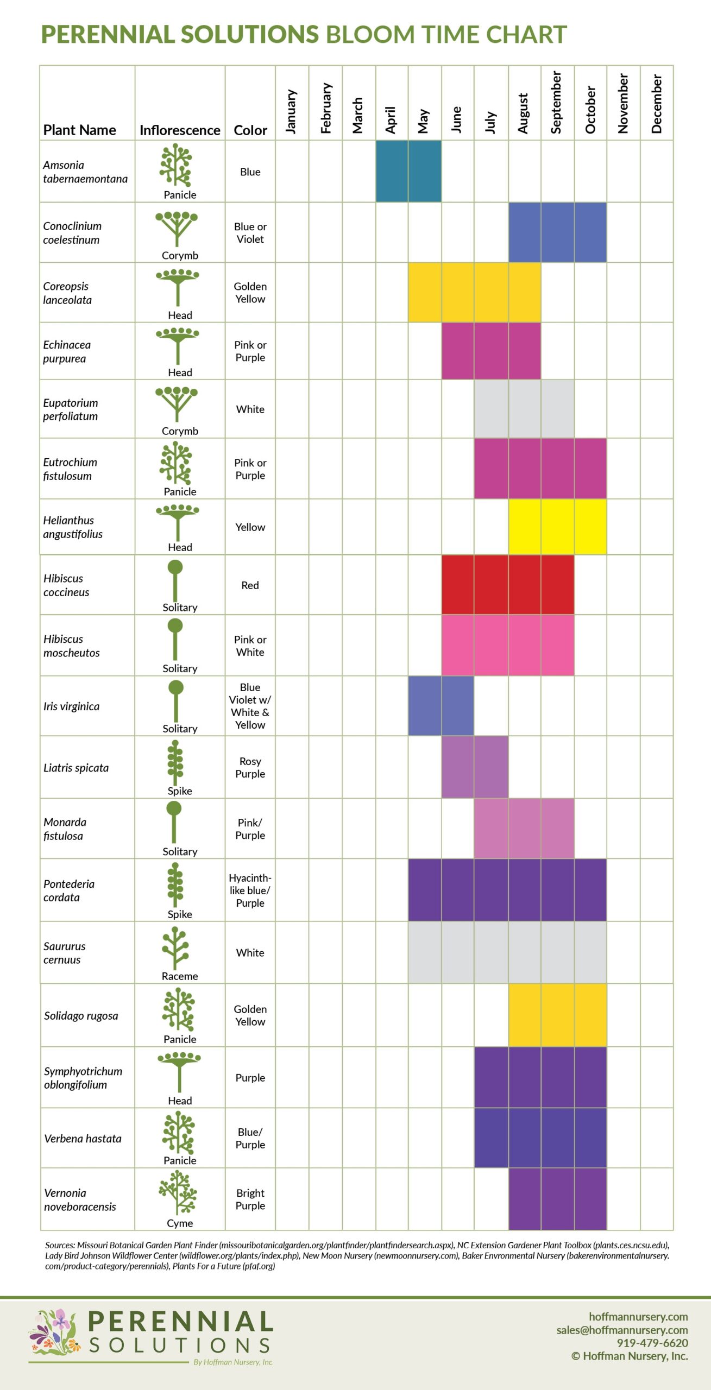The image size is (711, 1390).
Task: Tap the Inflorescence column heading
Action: click(x=180, y=130)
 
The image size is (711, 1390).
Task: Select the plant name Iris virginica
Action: click(x=71, y=706)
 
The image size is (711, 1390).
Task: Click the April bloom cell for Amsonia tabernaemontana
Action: click(x=392, y=172)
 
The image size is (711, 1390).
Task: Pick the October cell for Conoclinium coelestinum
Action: click(x=590, y=232)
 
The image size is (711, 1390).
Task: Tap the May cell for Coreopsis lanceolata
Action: click(x=425, y=293)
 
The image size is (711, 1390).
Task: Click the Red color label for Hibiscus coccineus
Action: click(x=250, y=585)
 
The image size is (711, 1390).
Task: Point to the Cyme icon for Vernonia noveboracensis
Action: click(x=178, y=1192)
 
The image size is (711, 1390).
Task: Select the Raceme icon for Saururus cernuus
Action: click(x=175, y=948)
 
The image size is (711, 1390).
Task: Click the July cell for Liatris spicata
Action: click(x=491, y=767)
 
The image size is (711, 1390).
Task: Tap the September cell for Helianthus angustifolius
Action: click(x=557, y=527)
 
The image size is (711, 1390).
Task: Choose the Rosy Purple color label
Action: click(x=250, y=768)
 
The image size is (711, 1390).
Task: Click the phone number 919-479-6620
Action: click(x=652, y=1343)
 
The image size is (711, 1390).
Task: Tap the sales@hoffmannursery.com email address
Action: click(x=622, y=1330)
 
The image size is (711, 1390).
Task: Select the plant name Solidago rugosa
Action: click(x=81, y=1016)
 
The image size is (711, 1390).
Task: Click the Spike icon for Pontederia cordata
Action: click(x=175, y=885)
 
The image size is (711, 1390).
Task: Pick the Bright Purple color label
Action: click(x=250, y=1199)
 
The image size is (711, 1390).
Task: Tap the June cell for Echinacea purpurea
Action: click(x=458, y=351)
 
